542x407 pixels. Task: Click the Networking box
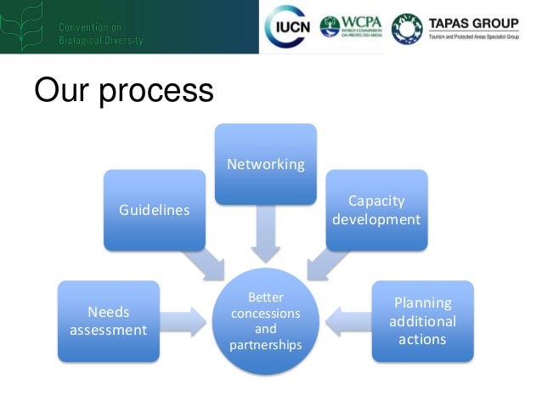point(265,164)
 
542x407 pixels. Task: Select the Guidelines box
point(154,210)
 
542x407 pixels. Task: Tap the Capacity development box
point(376,210)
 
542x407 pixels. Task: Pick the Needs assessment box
point(108,320)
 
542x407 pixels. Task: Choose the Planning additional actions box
point(422,320)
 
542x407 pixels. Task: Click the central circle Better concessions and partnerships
point(265,322)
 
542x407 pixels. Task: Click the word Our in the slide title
point(60,90)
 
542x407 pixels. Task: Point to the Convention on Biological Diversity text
point(100,34)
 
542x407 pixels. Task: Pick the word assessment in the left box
point(108,330)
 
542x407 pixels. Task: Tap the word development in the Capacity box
point(376,219)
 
